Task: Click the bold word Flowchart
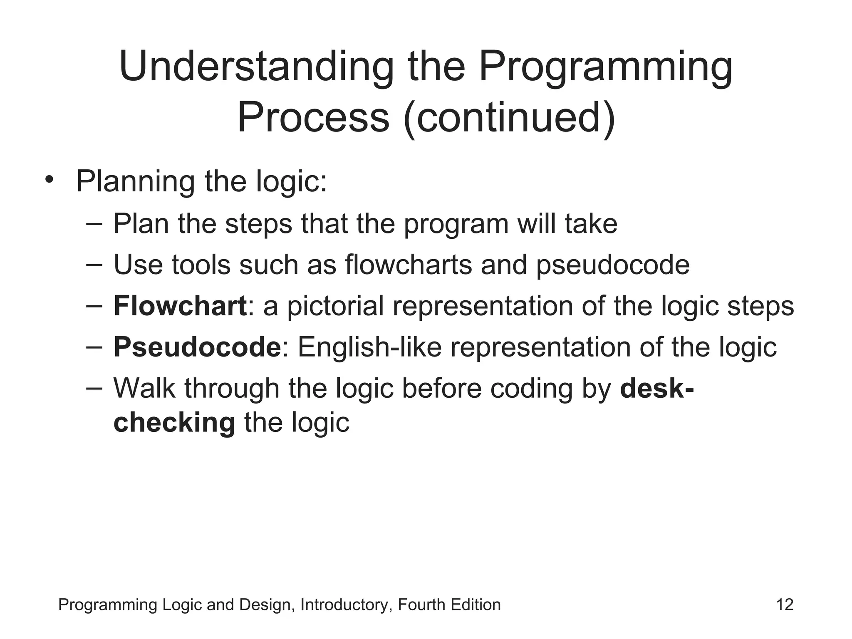pos(180,306)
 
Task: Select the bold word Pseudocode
pos(198,347)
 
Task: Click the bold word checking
pos(174,423)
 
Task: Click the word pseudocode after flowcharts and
pos(613,265)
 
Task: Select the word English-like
pos(369,347)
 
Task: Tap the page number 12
pos(785,604)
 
